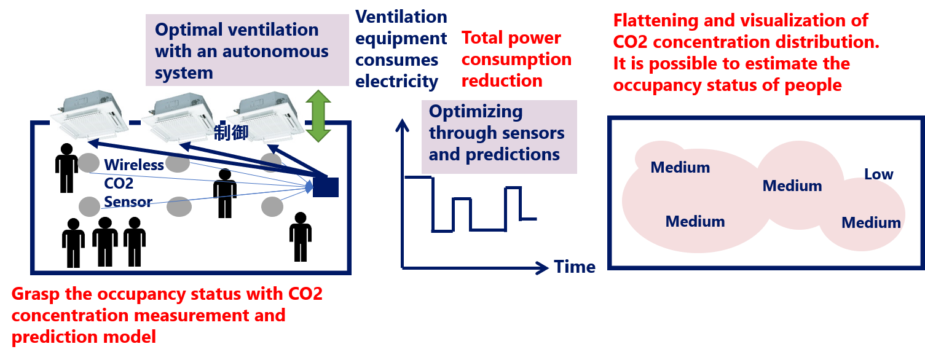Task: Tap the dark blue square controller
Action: [326, 186]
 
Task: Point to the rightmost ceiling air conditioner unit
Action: [264, 117]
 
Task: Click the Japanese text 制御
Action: [230, 133]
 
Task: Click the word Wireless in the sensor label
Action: [134, 165]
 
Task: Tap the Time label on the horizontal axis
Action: [574, 267]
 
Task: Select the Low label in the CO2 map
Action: [878, 174]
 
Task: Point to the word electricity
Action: [397, 82]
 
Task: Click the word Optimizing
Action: [476, 112]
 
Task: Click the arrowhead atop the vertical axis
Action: [402, 125]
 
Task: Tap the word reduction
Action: [502, 81]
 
